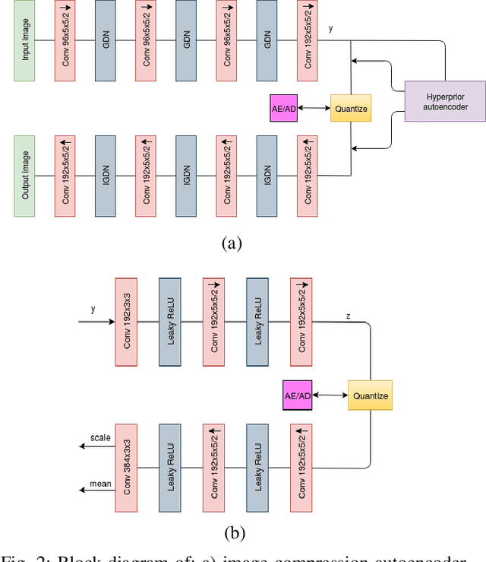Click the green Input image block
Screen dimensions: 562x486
pos(25,43)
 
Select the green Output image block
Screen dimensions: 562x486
pos(25,176)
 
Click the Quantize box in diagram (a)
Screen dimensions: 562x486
pos(350,109)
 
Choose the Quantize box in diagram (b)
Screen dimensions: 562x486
pos(370,395)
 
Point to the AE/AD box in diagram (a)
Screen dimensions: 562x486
pos(283,109)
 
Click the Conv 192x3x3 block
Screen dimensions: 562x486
pos(126,322)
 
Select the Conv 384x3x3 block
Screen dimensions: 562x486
pos(126,467)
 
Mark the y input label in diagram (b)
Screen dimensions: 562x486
pos(93,310)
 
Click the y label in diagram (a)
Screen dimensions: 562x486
pos(331,28)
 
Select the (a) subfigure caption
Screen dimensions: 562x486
pos(231,243)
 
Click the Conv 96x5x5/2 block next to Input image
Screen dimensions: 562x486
pos(65,43)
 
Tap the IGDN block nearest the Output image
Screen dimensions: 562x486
pos(106,176)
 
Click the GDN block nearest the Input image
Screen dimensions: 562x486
pos(106,43)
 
